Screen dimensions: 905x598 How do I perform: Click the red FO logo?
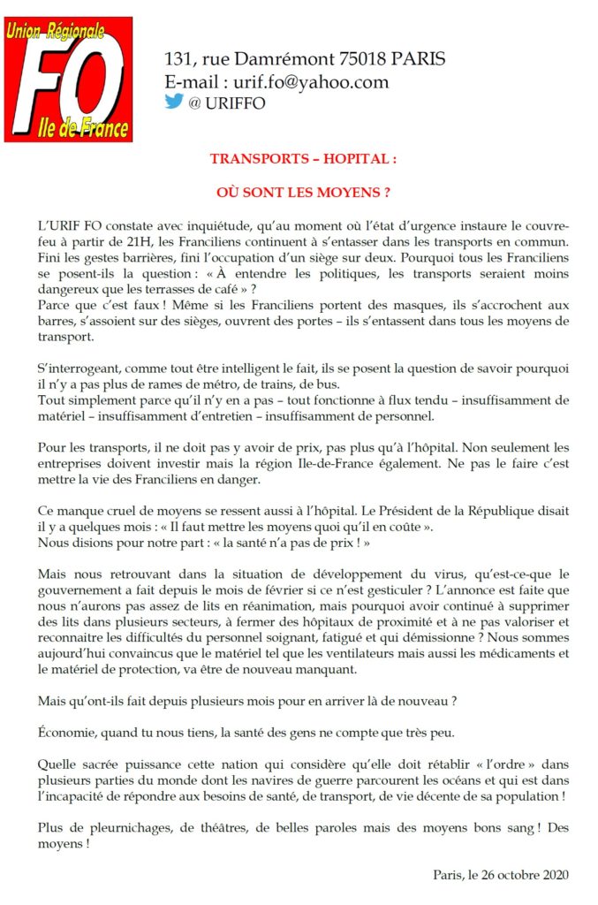coord(69,80)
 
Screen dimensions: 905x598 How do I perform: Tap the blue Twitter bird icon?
coord(174,102)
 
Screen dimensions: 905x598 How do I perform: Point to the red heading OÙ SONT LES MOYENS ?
coord(303,191)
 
